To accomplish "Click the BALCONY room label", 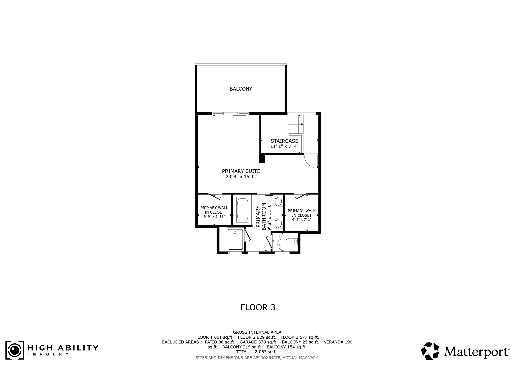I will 241,89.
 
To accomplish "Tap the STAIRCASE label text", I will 284,141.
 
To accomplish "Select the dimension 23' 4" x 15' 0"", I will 241,177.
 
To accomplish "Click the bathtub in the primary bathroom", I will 243,210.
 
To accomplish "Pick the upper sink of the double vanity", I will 278,201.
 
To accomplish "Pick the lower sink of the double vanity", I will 278,223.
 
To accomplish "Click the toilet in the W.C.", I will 292,241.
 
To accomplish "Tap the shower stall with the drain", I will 235,239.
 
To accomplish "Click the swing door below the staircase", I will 311,161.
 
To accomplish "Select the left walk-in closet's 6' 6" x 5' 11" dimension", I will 214,216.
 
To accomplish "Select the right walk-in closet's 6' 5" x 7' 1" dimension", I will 302,219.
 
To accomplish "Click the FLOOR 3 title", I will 258,307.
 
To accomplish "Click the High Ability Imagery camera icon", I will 15,350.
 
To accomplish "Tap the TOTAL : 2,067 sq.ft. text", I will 257,352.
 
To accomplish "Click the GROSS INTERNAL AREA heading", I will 257,332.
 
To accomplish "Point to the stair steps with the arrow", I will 296,124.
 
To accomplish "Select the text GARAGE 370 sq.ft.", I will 258,342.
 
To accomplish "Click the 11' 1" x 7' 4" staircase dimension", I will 284,146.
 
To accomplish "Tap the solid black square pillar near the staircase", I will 262,159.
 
